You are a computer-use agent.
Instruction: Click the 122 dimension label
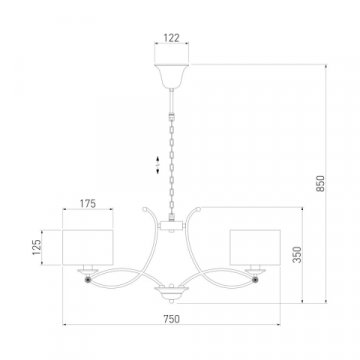click(x=171, y=38)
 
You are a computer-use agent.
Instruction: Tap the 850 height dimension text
click(x=320, y=183)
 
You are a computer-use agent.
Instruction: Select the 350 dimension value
click(x=297, y=255)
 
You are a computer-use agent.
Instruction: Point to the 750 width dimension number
click(x=172, y=319)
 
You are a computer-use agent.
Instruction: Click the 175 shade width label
click(x=87, y=204)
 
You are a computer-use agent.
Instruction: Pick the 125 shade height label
click(x=37, y=247)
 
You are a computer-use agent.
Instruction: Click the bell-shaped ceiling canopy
click(x=171, y=76)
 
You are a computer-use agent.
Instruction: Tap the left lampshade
click(x=88, y=247)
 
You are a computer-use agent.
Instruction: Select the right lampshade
click(x=255, y=247)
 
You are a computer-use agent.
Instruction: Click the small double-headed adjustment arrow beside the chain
click(x=158, y=165)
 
